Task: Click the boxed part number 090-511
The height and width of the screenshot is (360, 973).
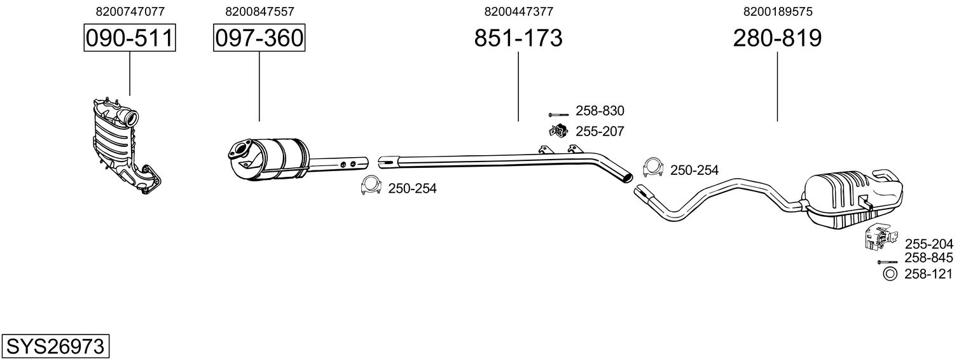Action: click(x=130, y=38)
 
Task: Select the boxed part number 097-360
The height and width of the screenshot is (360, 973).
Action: click(x=259, y=38)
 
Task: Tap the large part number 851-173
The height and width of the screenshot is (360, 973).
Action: click(x=518, y=38)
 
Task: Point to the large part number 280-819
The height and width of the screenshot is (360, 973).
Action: click(x=777, y=38)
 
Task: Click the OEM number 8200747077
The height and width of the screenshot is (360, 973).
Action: click(x=130, y=11)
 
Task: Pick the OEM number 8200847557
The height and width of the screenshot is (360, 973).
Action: click(x=259, y=11)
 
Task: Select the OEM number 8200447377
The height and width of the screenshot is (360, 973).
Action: click(x=518, y=11)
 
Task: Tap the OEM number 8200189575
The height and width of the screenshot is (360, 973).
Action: click(x=777, y=11)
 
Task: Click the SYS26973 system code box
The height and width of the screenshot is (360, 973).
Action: click(x=55, y=347)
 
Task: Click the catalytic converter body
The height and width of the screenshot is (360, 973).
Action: click(x=280, y=159)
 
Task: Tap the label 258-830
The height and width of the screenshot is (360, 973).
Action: click(x=600, y=111)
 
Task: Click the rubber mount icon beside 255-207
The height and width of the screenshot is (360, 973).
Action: click(x=558, y=132)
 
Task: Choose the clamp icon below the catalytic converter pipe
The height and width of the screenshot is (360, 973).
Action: click(x=370, y=185)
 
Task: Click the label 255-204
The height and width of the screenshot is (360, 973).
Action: click(x=928, y=244)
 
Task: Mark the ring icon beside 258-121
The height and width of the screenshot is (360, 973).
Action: click(x=890, y=274)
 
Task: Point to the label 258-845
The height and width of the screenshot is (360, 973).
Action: click(x=928, y=258)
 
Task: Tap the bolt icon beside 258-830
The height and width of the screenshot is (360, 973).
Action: click(x=557, y=114)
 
